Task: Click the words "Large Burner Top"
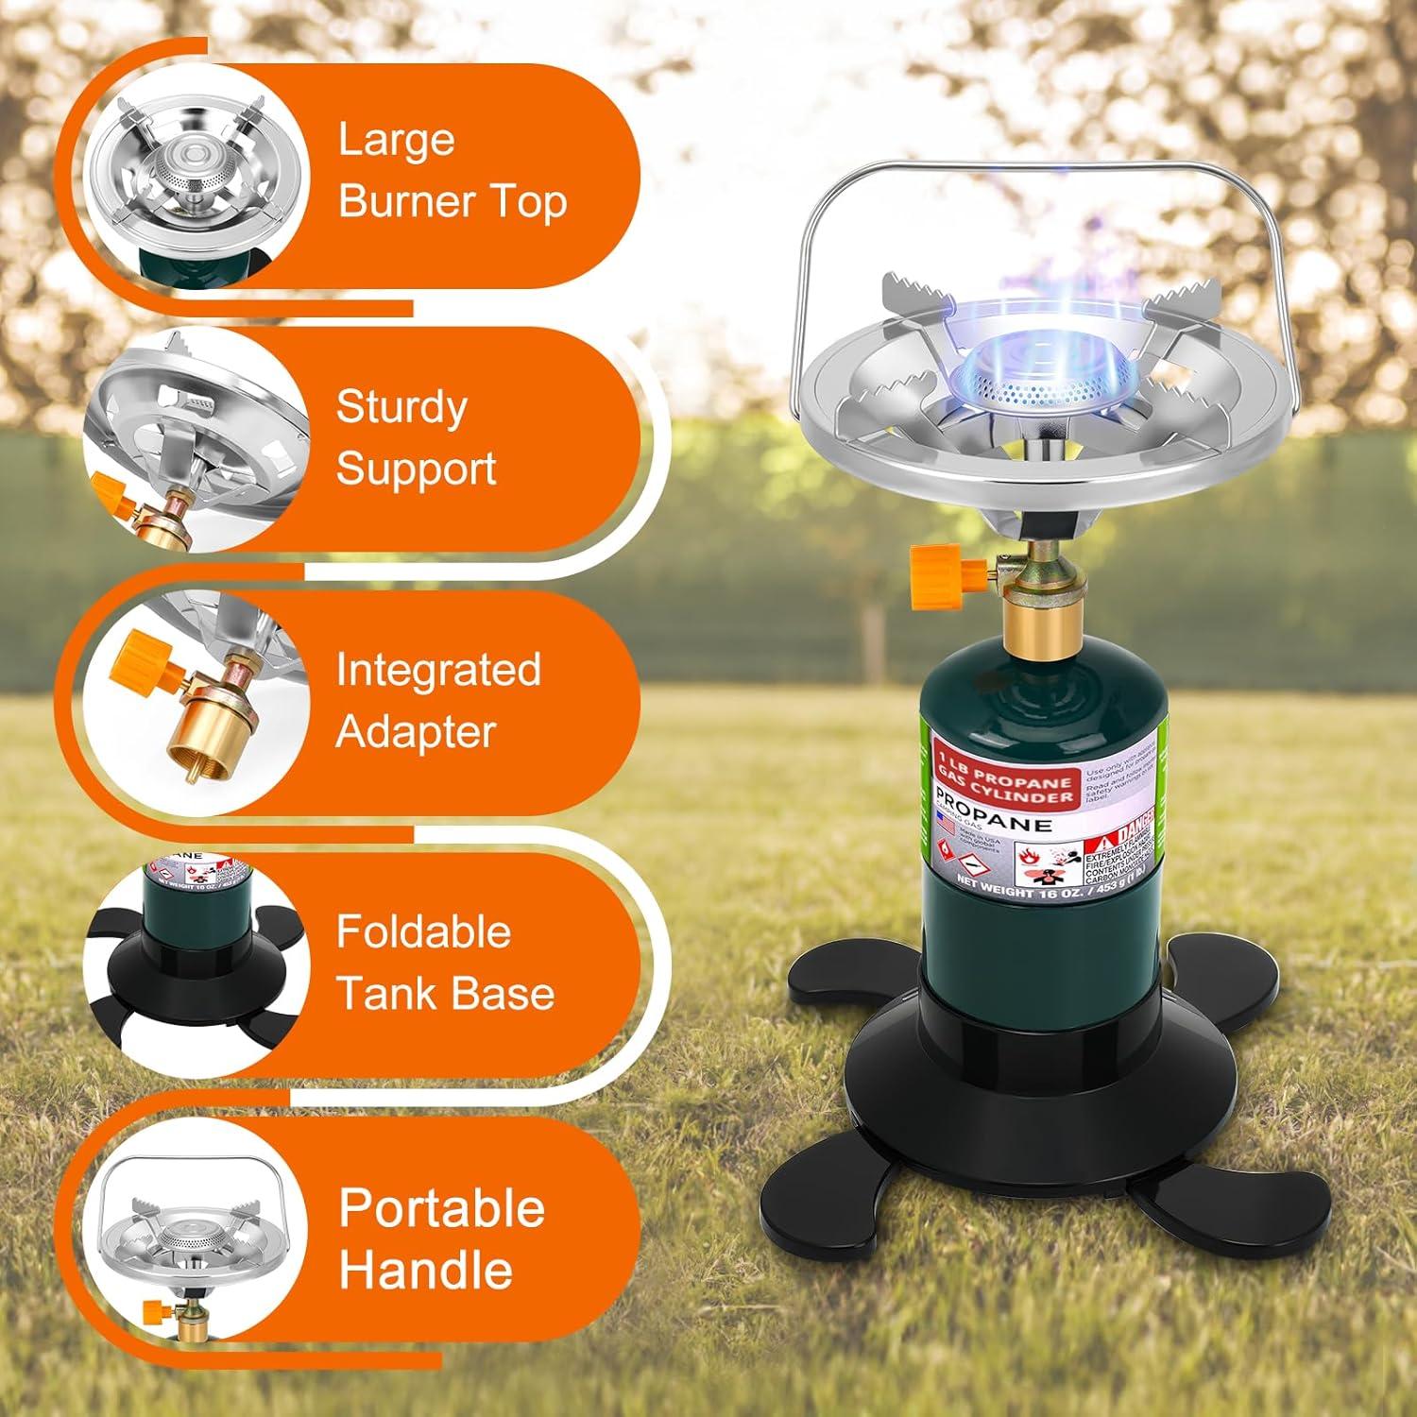pyautogui.click(x=452, y=171)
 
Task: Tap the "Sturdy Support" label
pyautogui.click(x=416, y=437)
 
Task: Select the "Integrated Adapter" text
pyautogui.click(x=437, y=700)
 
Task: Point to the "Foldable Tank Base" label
pyautogui.click(x=444, y=963)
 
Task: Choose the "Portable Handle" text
pyautogui.click(x=441, y=1238)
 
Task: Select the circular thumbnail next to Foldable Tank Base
pyautogui.click(x=196, y=965)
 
